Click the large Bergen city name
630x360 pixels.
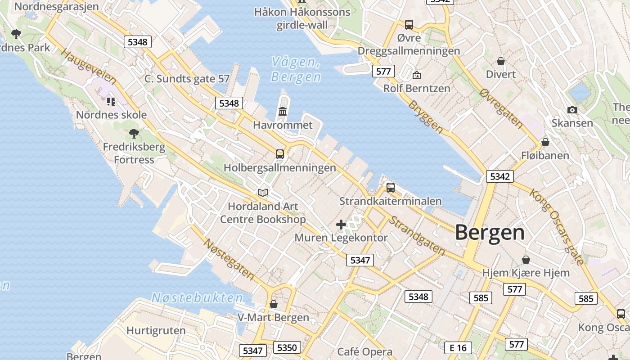coord(490,233)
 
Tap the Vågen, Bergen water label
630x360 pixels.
coord(296,70)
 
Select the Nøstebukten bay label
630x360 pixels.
coord(197,297)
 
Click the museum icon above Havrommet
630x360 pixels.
coord(283,111)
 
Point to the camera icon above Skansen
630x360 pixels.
coord(572,110)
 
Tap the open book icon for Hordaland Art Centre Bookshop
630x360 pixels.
coord(263,193)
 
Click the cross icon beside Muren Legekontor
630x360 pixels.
coord(341,224)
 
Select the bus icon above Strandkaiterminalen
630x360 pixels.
coord(391,187)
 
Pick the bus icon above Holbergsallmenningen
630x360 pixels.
coord(280,154)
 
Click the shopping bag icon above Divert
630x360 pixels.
coord(501,61)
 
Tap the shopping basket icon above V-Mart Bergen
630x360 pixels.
coord(273,304)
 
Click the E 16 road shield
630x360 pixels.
coord(458,347)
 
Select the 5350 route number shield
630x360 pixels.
coord(287,347)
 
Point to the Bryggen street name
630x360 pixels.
coord(425,116)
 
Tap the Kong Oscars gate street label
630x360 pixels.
coord(557,226)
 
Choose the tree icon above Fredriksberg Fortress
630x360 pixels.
coord(134,133)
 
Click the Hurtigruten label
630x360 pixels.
coord(156,331)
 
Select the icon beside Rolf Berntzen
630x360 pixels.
coord(417,75)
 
